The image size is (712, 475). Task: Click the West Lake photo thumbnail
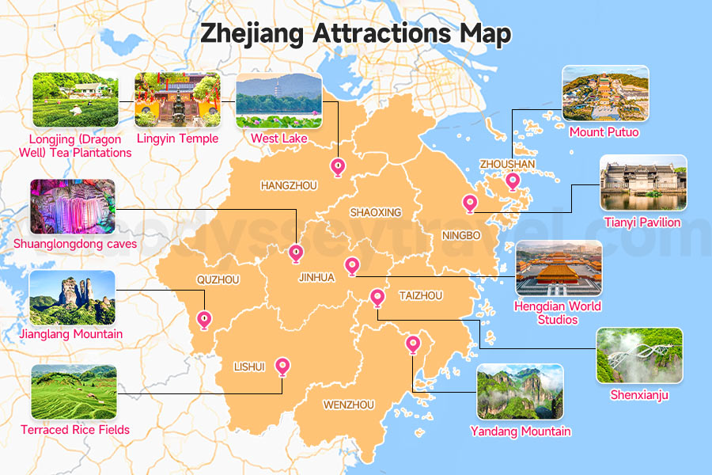[x=278, y=101]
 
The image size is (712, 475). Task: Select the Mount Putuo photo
[x=605, y=93]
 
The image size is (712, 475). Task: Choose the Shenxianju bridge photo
[x=639, y=355]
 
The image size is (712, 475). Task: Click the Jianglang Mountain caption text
[x=71, y=334]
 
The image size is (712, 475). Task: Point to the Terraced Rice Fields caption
[x=75, y=430]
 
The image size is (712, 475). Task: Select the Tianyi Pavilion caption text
[x=642, y=222]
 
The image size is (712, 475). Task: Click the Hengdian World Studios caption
[x=558, y=313]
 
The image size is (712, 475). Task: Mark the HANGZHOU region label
[x=289, y=185]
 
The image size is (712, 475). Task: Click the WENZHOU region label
[x=348, y=405]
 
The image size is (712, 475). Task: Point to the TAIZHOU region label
[x=421, y=295]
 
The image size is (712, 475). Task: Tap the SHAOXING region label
[x=376, y=212]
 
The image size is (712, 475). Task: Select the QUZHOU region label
[x=218, y=279]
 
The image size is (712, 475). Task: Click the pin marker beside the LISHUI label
[x=282, y=367]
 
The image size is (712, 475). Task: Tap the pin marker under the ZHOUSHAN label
[x=513, y=182]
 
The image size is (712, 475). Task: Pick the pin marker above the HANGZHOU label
[x=338, y=167]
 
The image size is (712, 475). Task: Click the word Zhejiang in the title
[x=252, y=35]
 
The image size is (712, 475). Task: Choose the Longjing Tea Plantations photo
[x=75, y=101]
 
